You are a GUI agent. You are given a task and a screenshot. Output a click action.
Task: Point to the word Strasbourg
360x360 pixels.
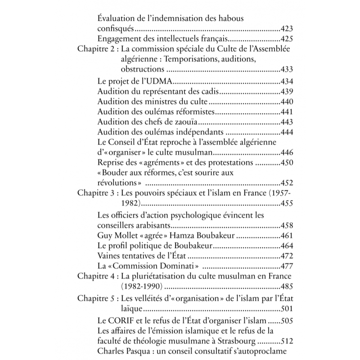point(235,341)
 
